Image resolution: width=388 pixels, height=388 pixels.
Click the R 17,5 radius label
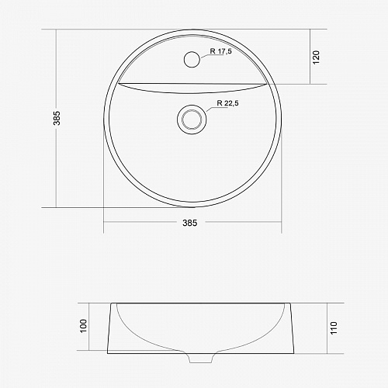pyautogui.click(x=225, y=53)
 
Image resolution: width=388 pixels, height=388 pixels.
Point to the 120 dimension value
pyautogui.click(x=317, y=57)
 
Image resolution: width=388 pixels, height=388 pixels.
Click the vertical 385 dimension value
pyautogui.click(x=57, y=118)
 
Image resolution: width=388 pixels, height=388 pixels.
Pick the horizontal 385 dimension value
pyautogui.click(x=190, y=223)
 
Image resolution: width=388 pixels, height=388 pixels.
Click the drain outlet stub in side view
pyautogui.click(x=192, y=359)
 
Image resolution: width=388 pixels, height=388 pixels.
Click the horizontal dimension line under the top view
pyautogui.click(x=140, y=222)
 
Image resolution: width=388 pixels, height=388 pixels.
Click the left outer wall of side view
pyautogui.click(x=111, y=326)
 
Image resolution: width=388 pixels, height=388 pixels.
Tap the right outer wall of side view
pyautogui.click(x=293, y=326)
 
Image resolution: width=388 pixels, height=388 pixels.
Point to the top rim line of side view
pyautogui.click(x=202, y=303)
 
